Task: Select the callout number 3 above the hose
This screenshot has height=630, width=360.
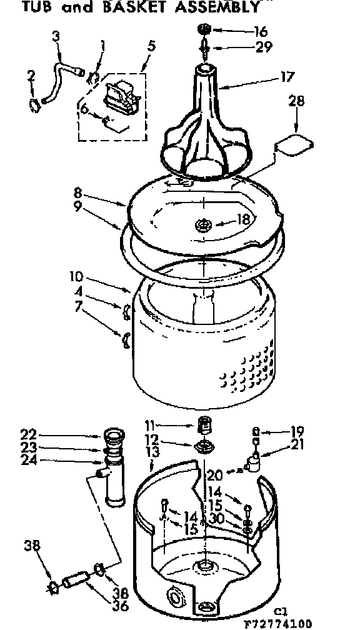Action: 57,37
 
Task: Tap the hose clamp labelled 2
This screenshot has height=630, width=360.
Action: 36,103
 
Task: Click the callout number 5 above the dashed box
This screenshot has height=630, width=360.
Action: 151,46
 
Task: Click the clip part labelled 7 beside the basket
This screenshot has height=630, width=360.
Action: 125,339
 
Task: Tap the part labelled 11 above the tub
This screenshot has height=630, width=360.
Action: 202,426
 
